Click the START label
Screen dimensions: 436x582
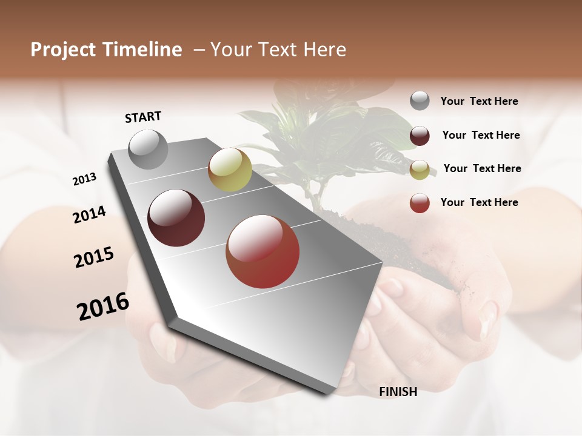click(143, 117)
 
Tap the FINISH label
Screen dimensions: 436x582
click(398, 392)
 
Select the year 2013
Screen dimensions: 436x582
click(84, 179)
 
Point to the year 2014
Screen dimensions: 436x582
click(90, 214)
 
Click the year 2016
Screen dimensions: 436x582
click(103, 306)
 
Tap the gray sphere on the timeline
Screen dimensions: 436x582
click(149, 149)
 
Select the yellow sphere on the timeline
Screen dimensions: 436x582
click(230, 170)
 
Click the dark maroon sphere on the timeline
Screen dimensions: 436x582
click(176, 218)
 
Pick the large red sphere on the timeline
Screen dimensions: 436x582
click(263, 251)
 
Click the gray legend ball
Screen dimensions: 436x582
click(420, 101)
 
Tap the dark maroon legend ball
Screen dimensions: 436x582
click(420, 136)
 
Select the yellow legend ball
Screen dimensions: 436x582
click(420, 170)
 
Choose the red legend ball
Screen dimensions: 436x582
click(420, 203)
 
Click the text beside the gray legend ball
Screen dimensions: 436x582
click(480, 101)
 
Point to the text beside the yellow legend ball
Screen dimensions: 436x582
click(483, 168)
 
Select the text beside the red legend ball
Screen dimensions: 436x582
click(480, 202)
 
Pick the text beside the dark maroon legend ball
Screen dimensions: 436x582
click(481, 135)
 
